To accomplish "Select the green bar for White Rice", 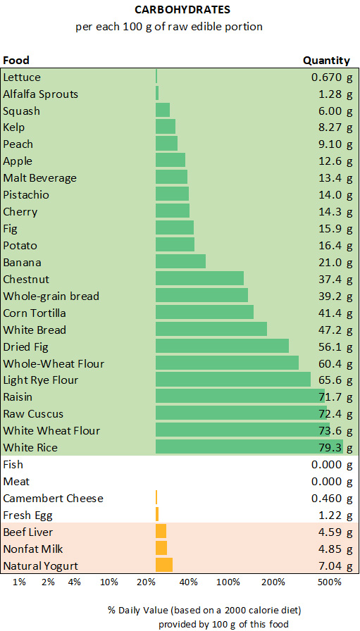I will [x=249, y=447].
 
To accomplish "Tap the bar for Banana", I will [x=180, y=262].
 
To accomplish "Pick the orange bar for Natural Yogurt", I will [x=163, y=566].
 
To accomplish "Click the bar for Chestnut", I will [x=199, y=279].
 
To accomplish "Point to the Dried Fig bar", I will [x=222, y=346].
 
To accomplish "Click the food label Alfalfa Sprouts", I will [x=41, y=94].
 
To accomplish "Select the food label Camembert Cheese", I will [x=53, y=498].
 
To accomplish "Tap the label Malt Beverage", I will [x=39, y=178].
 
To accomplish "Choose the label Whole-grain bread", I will [x=51, y=296].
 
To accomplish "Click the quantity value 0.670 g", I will [x=331, y=77].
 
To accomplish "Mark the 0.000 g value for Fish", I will [x=331, y=464].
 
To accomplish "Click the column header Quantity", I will [x=326, y=61].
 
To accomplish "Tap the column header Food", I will [x=16, y=61].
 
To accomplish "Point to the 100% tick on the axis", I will [x=228, y=582].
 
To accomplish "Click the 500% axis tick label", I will [x=330, y=582].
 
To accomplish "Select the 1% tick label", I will [x=20, y=582].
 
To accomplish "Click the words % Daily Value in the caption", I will [x=135, y=609].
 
